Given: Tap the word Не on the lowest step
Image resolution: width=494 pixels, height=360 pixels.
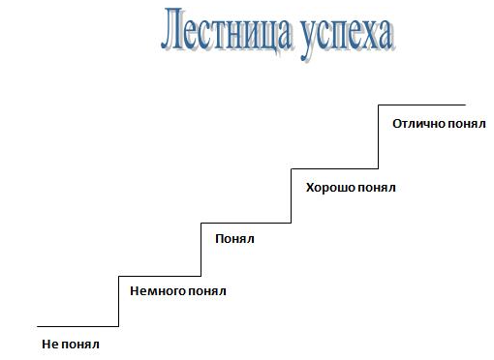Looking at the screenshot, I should [x=48, y=344].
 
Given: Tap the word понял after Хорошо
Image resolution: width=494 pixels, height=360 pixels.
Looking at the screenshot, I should [x=377, y=187].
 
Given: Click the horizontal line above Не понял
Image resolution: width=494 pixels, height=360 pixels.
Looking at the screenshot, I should [x=77, y=326].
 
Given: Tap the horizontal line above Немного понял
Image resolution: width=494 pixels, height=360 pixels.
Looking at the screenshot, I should [x=159, y=275].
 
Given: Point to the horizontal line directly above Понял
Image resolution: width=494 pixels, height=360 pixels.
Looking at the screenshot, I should [x=246, y=223].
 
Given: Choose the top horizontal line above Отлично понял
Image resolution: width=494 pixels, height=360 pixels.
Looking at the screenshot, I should [x=421, y=105].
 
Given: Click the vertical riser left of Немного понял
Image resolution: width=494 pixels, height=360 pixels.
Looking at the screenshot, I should [x=117, y=300].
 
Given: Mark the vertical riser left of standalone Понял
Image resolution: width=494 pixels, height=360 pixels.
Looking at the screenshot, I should [x=201, y=249].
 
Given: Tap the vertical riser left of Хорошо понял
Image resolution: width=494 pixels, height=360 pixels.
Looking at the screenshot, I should [x=292, y=196].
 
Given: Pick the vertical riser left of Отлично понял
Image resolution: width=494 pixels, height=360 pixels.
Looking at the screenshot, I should [x=377, y=137].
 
